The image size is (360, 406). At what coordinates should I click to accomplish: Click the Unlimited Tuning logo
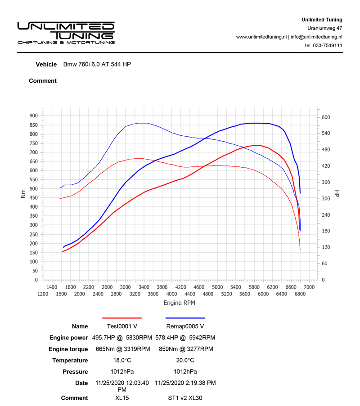click(66, 32)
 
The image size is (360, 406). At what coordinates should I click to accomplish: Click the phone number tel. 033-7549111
click(324, 45)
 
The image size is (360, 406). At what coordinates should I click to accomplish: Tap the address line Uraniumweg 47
click(324, 28)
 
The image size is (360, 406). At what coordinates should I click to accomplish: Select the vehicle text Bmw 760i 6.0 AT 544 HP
click(97, 64)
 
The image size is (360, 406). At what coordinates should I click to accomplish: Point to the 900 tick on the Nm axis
click(33, 116)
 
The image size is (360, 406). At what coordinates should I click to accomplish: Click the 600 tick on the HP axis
click(326, 117)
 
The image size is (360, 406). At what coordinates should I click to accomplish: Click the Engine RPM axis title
click(179, 303)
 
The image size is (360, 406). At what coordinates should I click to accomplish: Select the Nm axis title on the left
click(23, 193)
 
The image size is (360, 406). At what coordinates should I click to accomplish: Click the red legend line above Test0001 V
click(122, 318)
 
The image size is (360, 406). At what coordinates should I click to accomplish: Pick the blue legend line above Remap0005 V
click(185, 318)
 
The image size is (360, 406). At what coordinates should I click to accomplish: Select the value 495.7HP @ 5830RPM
click(122, 338)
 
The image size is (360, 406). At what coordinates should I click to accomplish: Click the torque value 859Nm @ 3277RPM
click(185, 349)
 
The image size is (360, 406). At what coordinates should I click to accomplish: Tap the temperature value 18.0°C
click(122, 361)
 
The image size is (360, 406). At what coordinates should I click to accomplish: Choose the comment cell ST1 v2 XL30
click(185, 398)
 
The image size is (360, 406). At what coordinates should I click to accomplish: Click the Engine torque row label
click(68, 349)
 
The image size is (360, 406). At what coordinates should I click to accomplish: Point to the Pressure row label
click(75, 372)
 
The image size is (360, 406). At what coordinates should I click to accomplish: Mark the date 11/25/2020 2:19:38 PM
click(185, 383)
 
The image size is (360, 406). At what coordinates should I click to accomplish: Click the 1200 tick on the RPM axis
click(43, 294)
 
